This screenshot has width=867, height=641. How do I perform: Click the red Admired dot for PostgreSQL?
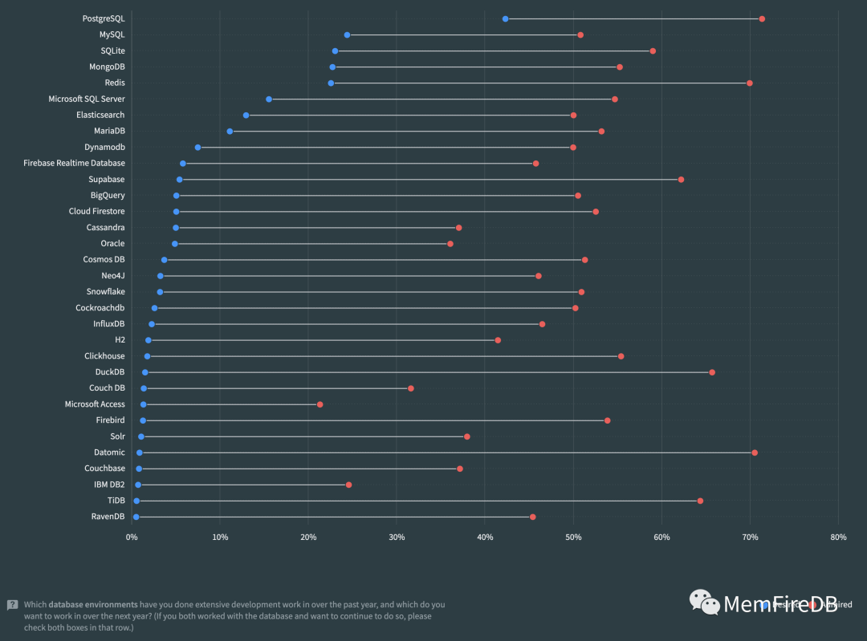(762, 18)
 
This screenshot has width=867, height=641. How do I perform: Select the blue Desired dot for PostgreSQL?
(505, 18)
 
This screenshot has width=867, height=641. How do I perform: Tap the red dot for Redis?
(750, 83)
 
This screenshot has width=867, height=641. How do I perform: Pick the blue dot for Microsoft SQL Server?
(269, 99)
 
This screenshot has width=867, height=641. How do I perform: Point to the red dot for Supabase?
(681, 179)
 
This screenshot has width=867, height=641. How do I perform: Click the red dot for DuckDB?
(712, 372)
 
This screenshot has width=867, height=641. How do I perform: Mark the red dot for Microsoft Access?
(320, 404)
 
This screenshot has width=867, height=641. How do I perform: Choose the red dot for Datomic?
(755, 452)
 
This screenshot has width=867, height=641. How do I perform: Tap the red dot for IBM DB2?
(348, 485)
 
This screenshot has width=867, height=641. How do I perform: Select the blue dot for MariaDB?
(230, 131)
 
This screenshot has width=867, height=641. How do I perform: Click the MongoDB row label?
(107, 67)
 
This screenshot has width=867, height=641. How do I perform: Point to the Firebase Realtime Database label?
(74, 163)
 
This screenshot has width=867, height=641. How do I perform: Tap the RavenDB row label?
(108, 517)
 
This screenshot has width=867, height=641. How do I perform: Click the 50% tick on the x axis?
(573, 538)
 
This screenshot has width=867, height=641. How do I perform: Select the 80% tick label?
(838, 538)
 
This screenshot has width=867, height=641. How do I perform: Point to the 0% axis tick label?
(132, 538)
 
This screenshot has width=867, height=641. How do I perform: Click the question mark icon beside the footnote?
(13, 605)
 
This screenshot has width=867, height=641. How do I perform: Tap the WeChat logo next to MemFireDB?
(705, 603)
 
